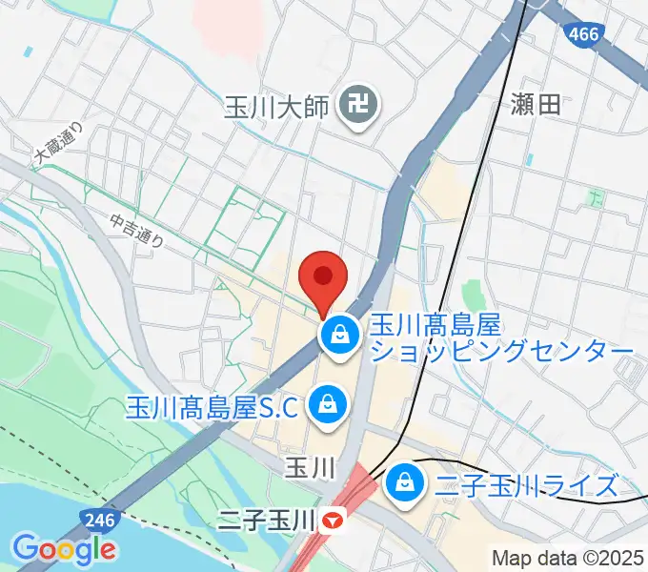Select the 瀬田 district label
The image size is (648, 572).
click(535, 105)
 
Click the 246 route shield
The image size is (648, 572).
click(92, 520)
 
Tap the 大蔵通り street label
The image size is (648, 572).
click(59, 143)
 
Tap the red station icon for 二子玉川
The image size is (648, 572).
click(332, 521)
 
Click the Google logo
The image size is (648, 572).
click(64, 549)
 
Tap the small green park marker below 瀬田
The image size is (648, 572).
click(596, 199)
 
